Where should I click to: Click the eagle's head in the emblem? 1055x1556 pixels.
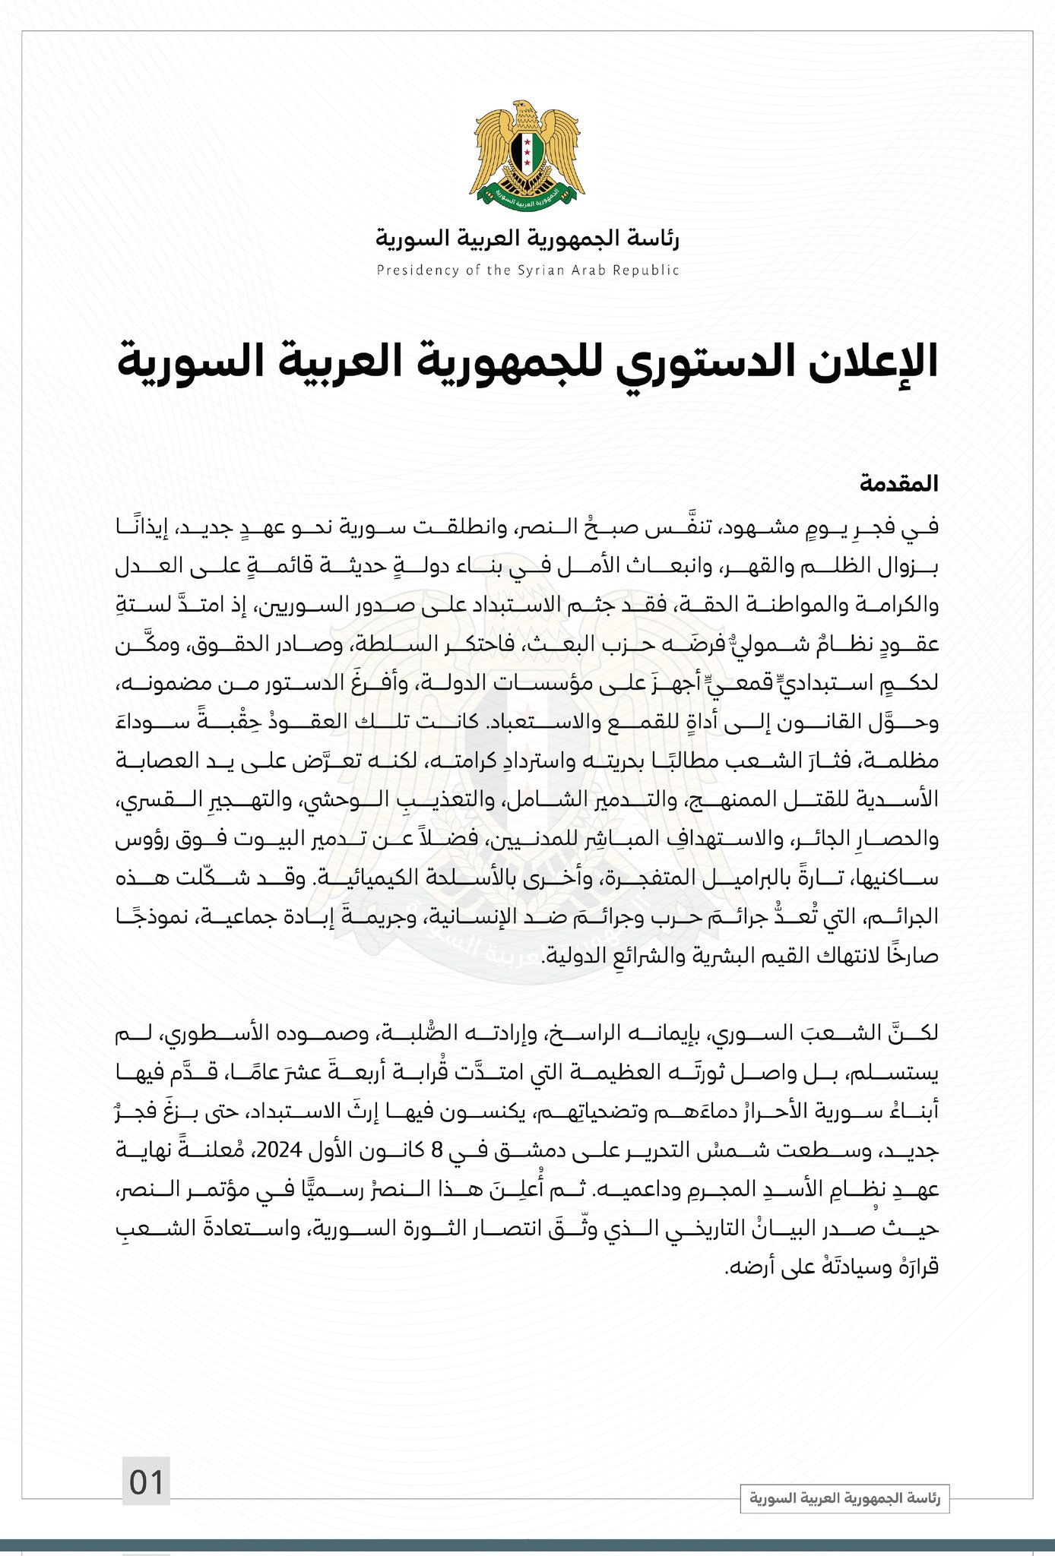click(524, 111)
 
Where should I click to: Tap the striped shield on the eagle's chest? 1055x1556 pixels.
click(527, 150)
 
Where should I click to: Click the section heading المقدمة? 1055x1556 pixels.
click(899, 484)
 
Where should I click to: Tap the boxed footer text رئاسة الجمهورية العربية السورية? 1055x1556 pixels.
click(844, 1498)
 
